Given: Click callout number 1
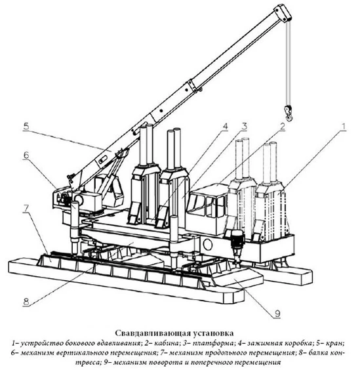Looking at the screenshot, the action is [344, 127].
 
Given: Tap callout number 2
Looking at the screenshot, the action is [283, 127].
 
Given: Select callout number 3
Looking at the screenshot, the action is [244, 127].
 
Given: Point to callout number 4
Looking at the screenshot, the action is [225, 127].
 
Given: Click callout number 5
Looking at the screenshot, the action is [26, 126].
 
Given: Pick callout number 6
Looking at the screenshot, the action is [26, 155].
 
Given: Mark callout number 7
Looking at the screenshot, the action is [26, 209].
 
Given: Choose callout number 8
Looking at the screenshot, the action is [26, 301].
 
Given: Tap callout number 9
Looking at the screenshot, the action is [277, 314].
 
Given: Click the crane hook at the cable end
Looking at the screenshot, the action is [288, 112].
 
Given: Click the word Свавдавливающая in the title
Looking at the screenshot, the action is [153, 333].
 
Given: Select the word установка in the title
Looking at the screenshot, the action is [213, 333].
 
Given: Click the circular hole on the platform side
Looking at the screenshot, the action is [208, 245].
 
